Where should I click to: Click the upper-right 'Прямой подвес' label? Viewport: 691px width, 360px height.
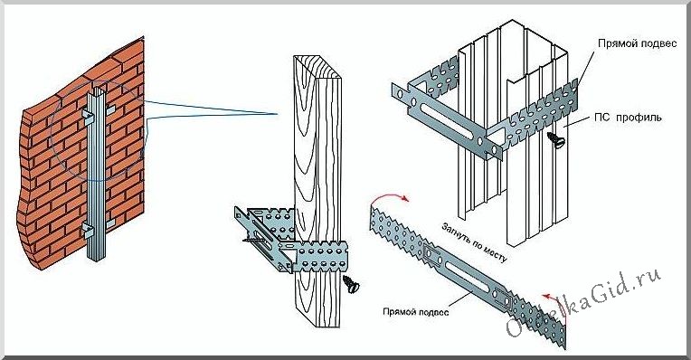[x=637, y=43]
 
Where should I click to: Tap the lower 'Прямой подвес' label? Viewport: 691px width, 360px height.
[x=415, y=311]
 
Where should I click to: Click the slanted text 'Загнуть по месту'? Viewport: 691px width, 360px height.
[x=474, y=242]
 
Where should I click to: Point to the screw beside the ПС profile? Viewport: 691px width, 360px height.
[x=555, y=139]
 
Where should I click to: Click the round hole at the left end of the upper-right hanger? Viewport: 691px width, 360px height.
[x=399, y=93]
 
